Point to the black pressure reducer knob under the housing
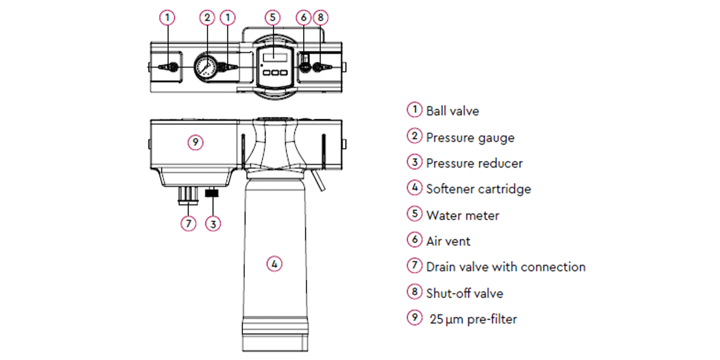[x=213, y=193]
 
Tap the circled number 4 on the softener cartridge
[x=274, y=263]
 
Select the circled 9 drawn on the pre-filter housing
[x=195, y=142]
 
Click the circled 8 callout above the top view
[x=319, y=17]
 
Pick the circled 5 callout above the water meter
[x=272, y=17]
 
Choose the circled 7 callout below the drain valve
[x=188, y=223]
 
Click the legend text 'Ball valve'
[x=452, y=111]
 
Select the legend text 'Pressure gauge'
[x=470, y=137]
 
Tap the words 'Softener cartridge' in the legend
[x=478, y=189]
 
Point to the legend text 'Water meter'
[x=462, y=215]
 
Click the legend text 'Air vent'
[x=448, y=241]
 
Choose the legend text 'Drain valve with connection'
[x=505, y=267]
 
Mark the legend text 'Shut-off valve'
[x=464, y=293]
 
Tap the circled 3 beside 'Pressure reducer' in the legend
[x=414, y=162]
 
